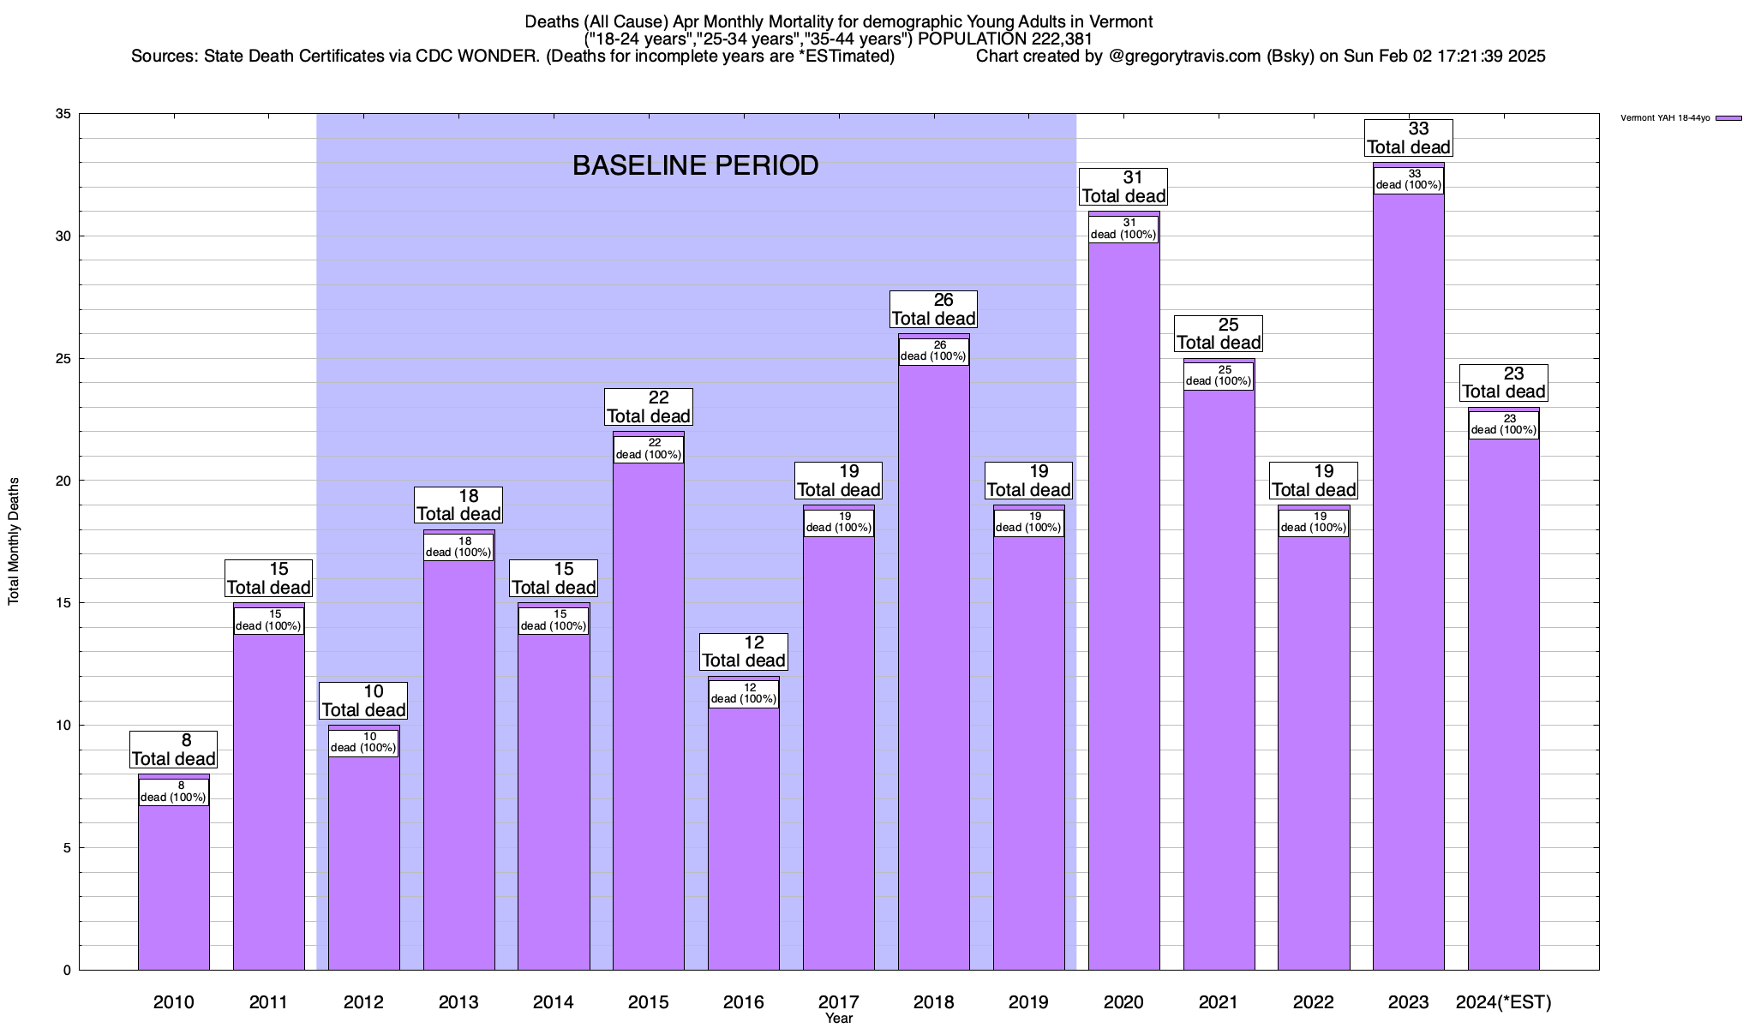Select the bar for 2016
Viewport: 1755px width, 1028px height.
tap(744, 840)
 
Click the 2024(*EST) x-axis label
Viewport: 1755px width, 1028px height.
tap(1504, 1001)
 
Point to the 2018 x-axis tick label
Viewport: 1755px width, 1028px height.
tap(933, 1001)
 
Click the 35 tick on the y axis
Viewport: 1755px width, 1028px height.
tap(63, 114)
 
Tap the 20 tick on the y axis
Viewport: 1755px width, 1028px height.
tap(63, 481)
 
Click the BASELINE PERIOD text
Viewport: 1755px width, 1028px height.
tap(695, 165)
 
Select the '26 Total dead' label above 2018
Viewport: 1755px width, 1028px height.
tap(933, 309)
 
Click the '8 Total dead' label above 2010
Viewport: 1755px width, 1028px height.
tap(174, 750)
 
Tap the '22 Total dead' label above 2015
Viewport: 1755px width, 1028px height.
tap(648, 407)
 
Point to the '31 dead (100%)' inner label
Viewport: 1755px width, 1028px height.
tap(1123, 229)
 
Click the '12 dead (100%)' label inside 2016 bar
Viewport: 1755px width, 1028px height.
tap(744, 693)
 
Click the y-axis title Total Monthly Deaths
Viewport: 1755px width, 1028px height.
tap(14, 541)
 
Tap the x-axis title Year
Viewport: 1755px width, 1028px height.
tap(839, 1019)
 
